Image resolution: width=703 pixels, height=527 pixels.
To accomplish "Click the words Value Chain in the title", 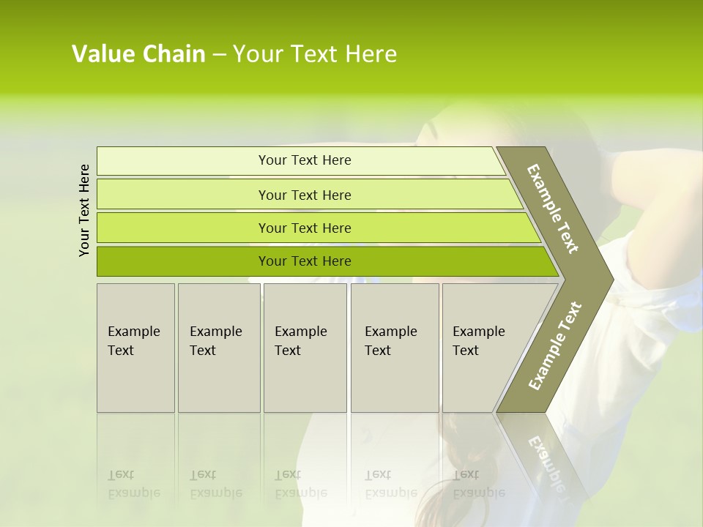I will click(x=138, y=54).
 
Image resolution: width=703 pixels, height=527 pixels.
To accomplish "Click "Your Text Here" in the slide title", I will click(x=314, y=54).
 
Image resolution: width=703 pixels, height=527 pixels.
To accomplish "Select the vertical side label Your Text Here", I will click(x=84, y=210).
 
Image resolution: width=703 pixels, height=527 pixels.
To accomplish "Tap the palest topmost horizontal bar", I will click(x=304, y=160).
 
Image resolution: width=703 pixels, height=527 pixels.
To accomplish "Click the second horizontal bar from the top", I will click(x=304, y=195).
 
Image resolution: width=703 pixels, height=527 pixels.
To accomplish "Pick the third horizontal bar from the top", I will click(x=304, y=228).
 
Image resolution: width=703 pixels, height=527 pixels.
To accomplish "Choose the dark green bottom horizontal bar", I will click(x=304, y=261).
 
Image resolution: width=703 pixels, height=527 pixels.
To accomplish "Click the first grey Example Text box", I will click(x=135, y=347).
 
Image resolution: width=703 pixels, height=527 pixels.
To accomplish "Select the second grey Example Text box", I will click(x=218, y=347).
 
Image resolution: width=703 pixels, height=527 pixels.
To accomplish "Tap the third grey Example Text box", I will click(x=305, y=347).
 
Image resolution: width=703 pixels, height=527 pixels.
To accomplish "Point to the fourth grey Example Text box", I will click(x=394, y=347).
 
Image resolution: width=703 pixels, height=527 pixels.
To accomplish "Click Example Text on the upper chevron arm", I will click(x=553, y=209).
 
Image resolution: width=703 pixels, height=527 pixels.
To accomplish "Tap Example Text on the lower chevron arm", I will click(x=554, y=345).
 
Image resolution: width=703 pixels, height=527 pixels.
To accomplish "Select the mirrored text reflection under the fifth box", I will click(x=478, y=484).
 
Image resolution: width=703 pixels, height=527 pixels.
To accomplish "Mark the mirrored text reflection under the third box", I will click(x=300, y=484).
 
